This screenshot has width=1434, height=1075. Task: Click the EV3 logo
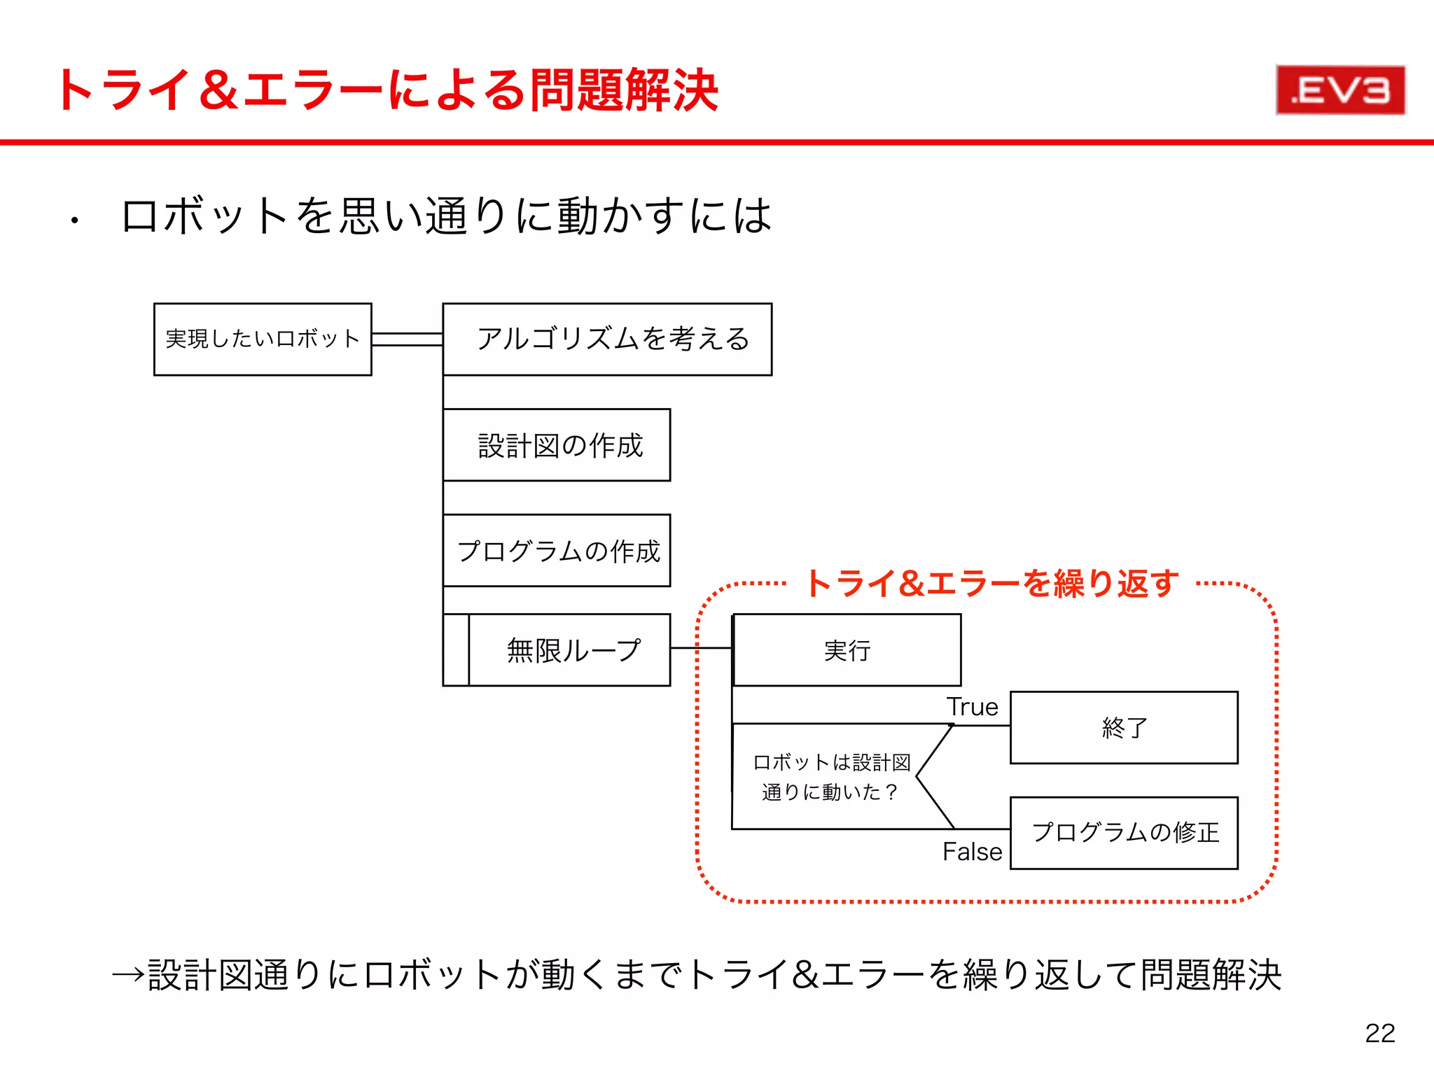(x=1340, y=90)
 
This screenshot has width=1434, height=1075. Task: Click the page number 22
(x=1379, y=1033)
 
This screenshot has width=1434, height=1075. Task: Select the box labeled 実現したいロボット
(x=263, y=339)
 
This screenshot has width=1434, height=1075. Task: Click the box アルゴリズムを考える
(x=607, y=339)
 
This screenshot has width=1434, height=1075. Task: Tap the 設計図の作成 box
(x=557, y=445)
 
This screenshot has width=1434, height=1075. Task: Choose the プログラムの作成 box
(x=557, y=551)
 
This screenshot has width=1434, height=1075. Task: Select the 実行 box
(x=847, y=650)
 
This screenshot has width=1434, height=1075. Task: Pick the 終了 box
(x=1124, y=728)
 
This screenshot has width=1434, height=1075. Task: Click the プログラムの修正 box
(x=1124, y=833)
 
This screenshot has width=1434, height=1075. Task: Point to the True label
(x=972, y=707)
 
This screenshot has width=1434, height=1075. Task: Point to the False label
(x=972, y=852)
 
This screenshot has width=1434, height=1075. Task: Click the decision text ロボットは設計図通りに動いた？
(x=830, y=777)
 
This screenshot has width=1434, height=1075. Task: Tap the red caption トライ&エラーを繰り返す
(x=991, y=584)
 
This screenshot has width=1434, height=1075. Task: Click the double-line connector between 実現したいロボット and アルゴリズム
(x=407, y=339)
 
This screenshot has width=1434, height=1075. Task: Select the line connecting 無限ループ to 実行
(x=700, y=648)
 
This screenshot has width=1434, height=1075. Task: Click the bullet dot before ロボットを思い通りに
(x=74, y=222)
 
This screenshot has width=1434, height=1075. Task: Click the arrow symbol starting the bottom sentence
(x=128, y=974)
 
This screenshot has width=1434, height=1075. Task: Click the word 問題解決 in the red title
(x=623, y=90)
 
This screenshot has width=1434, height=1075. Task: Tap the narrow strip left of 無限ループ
(x=456, y=650)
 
